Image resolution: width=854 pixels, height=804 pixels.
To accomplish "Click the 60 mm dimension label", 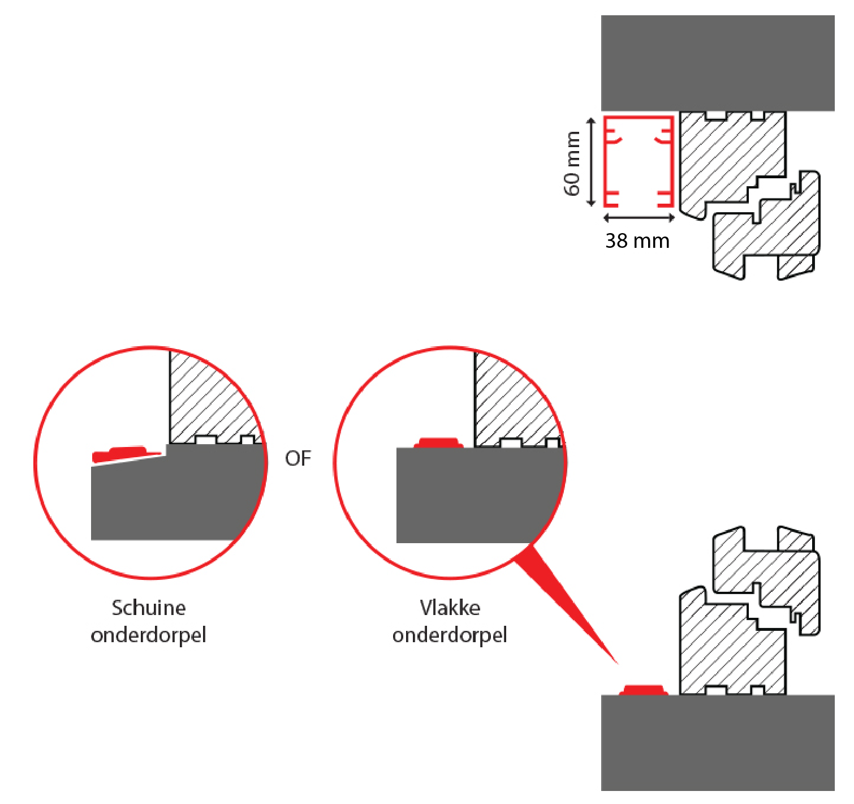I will (572, 163).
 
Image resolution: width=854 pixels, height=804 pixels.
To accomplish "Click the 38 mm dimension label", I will (637, 241).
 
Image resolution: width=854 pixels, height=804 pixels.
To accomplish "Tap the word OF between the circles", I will (298, 458).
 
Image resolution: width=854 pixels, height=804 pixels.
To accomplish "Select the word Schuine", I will (149, 608).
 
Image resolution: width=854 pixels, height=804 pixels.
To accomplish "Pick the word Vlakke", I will (450, 608).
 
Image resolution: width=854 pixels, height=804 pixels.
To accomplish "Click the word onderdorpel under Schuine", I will (149, 635).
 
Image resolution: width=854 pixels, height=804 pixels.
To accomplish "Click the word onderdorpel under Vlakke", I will (450, 635).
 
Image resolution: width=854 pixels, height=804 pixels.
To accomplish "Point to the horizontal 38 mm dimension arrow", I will (639, 218).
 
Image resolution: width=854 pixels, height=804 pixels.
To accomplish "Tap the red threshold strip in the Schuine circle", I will (127, 454).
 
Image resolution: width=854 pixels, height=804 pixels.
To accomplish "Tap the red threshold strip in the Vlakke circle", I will (438, 442).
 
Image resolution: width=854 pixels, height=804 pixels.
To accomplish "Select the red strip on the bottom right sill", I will (644, 690).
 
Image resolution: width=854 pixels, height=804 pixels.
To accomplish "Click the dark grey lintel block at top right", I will (717, 62).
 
